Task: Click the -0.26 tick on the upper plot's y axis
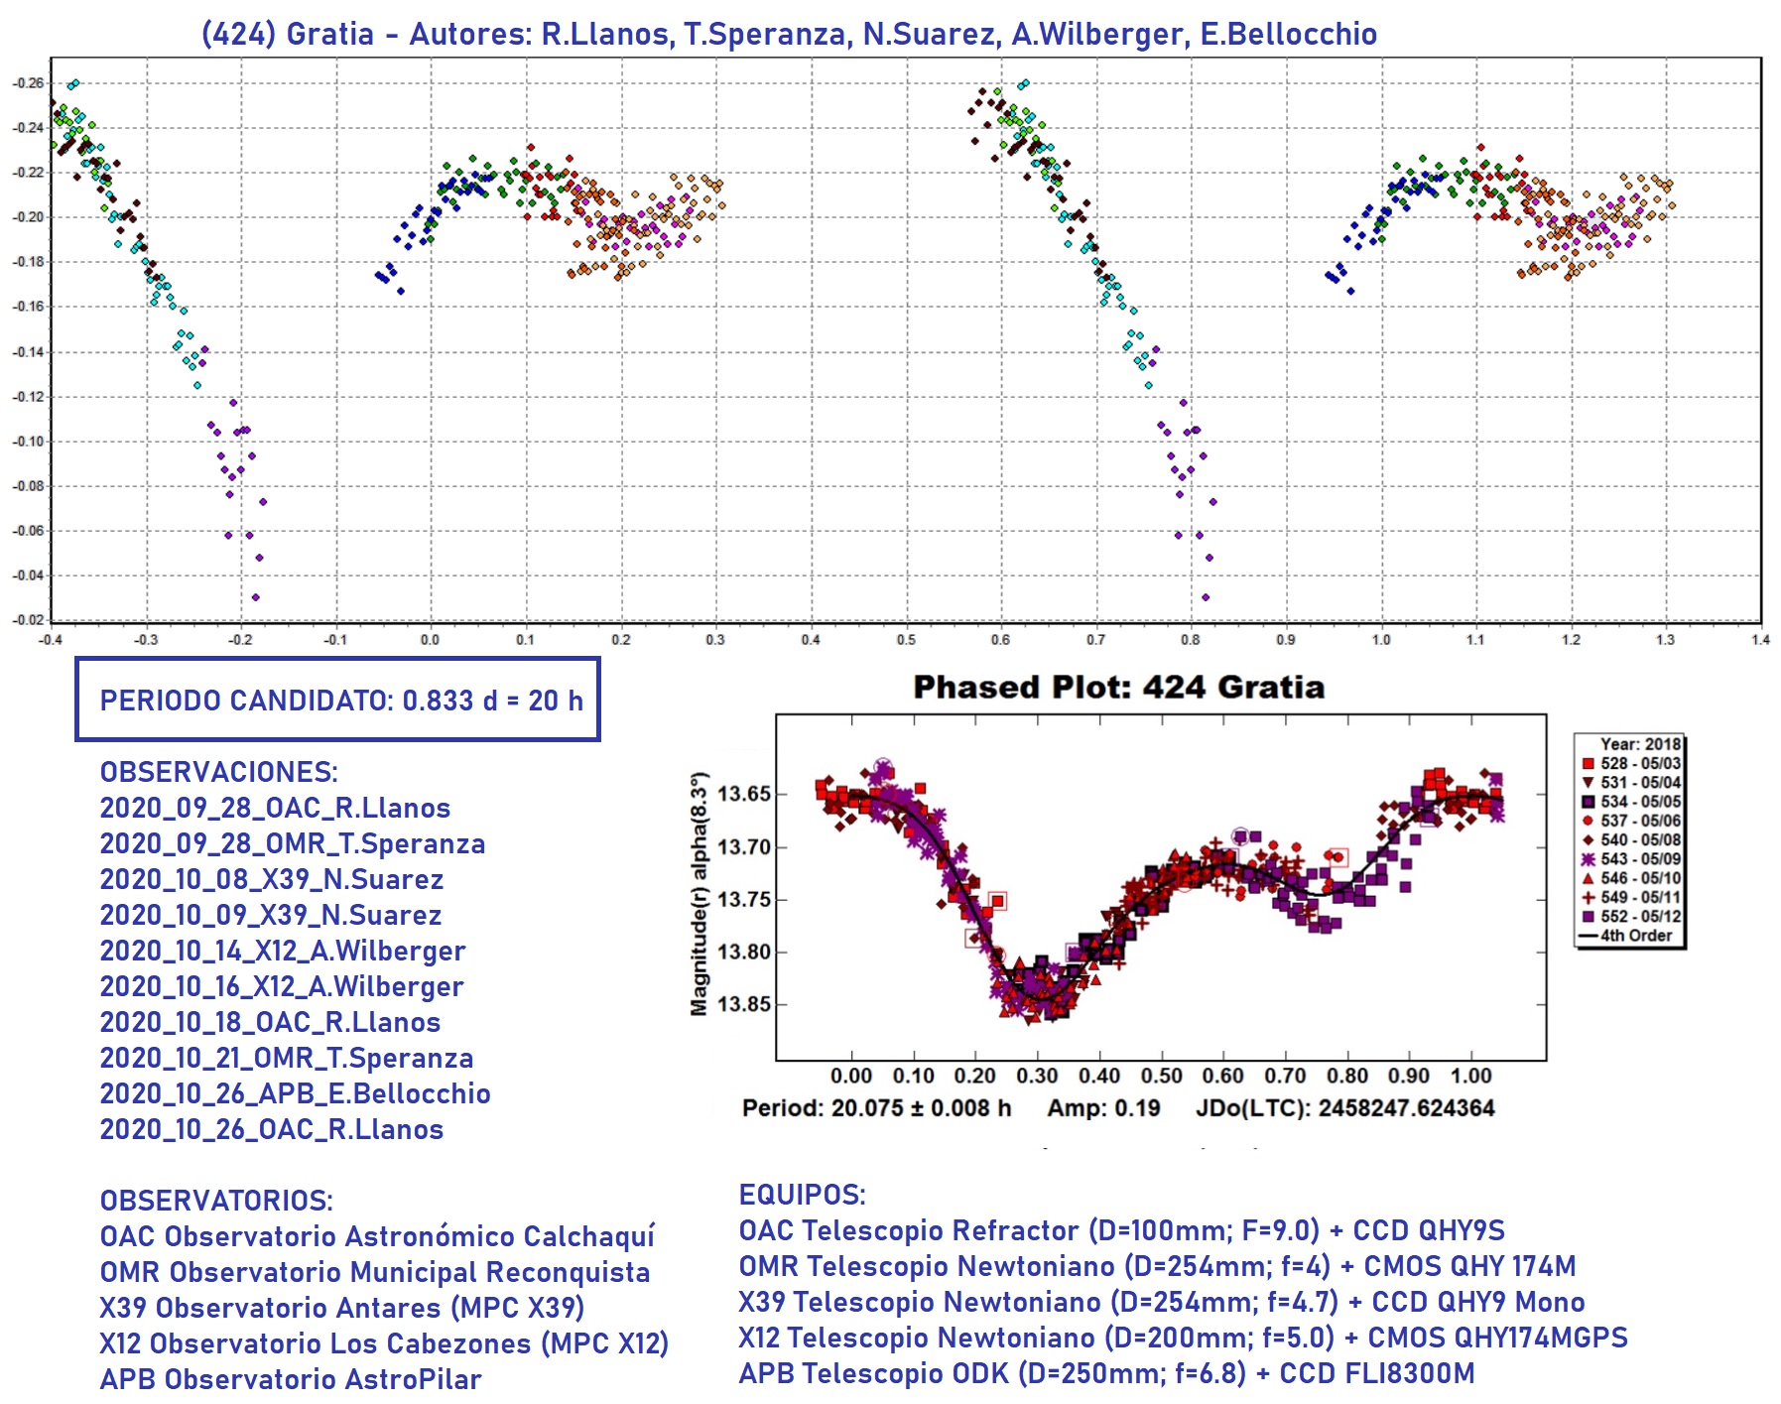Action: coord(29,82)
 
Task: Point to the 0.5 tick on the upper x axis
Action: coord(906,640)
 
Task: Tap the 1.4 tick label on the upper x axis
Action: coord(1760,640)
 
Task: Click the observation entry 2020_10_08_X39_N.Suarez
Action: coord(271,879)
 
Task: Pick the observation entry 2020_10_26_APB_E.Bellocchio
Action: coord(295,1093)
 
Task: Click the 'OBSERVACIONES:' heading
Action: coord(218,772)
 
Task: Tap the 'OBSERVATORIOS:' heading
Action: coord(216,1201)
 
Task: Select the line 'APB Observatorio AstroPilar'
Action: coord(290,1379)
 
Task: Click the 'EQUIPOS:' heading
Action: coord(802,1195)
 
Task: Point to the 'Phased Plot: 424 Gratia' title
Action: coord(1118,687)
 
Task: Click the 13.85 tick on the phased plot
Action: coord(743,1004)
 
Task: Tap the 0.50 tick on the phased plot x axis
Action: coord(1161,1077)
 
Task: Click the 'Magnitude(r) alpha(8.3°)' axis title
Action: coord(700,893)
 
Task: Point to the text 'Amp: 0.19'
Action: coord(1103,1108)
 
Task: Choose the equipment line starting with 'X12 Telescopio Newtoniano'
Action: coord(1183,1338)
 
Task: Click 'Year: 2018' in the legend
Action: coord(1639,744)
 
